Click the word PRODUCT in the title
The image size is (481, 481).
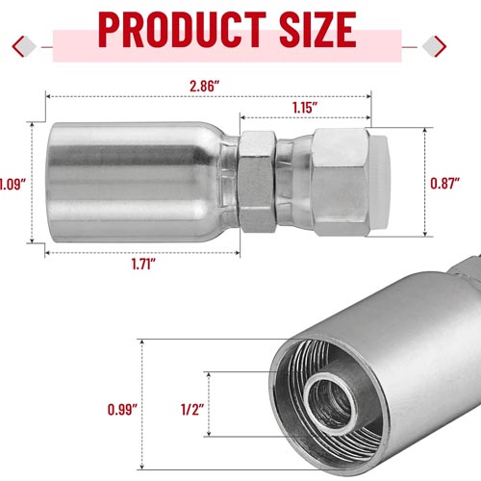(182, 30)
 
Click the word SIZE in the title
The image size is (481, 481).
(317, 30)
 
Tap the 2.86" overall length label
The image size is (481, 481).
(205, 87)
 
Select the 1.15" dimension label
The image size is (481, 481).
(305, 108)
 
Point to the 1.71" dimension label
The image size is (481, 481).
(143, 264)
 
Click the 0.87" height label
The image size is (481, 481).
(444, 183)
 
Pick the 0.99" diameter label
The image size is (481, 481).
(122, 410)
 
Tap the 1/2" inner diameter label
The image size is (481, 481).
(192, 410)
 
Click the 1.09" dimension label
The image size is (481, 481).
(13, 185)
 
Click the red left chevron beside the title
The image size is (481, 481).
(18, 47)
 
